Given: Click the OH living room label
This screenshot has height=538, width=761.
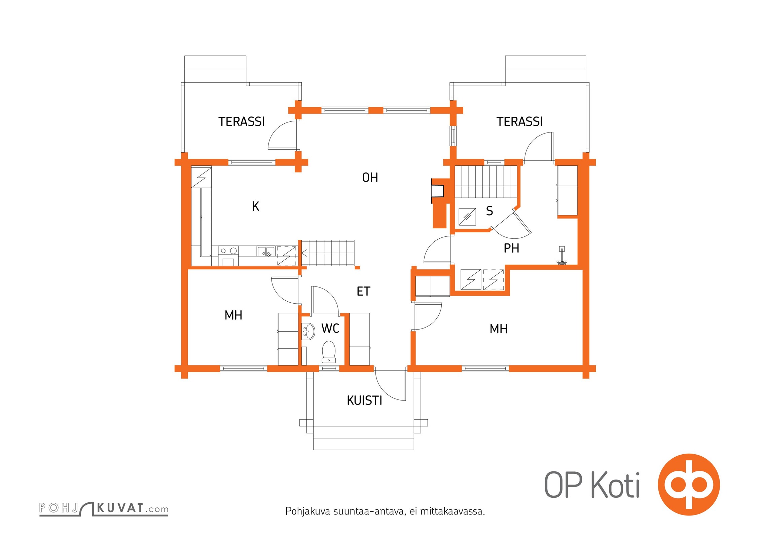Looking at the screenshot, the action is (370, 178).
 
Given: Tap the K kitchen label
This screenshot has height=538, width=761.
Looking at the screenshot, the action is (256, 206).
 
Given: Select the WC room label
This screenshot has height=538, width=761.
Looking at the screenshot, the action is (330, 329).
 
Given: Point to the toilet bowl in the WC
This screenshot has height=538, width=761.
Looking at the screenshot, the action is (329, 352).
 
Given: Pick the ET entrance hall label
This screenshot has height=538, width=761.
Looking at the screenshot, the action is (363, 292).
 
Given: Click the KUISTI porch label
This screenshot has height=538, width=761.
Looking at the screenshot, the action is (364, 400).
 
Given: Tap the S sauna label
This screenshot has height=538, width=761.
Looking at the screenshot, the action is (490, 211).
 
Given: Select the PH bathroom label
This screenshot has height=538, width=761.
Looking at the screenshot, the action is (511, 248).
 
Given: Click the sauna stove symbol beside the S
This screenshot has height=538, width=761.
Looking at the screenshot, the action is (467, 217).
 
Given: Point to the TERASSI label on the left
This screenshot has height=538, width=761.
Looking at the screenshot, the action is (242, 122).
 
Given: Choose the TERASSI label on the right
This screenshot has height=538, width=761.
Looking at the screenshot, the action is (519, 122).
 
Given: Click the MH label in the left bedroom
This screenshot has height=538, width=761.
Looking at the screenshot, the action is (233, 315).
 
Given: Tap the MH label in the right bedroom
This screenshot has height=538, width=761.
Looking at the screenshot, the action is (499, 329).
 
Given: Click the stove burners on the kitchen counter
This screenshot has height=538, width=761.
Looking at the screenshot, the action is (228, 251).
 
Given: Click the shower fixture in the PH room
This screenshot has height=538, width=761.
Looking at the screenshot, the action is (561, 256).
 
